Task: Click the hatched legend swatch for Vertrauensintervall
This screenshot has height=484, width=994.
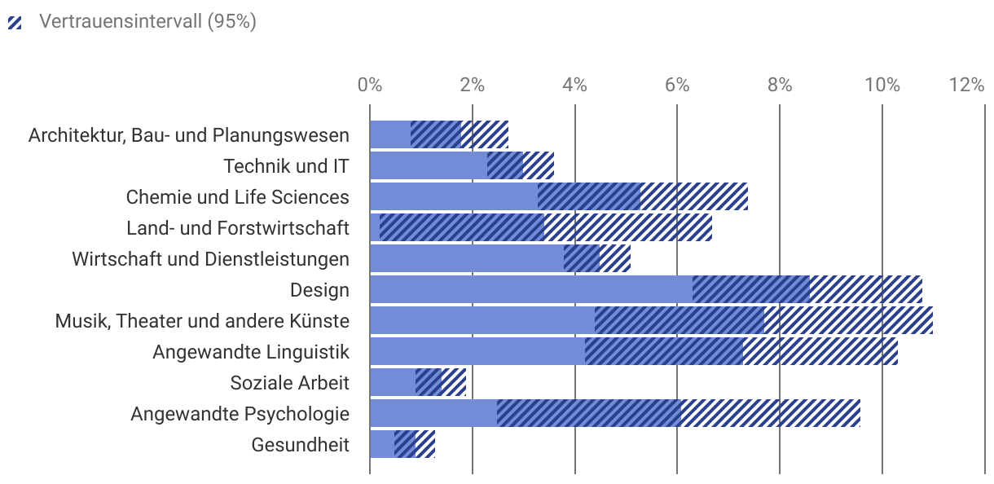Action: [x=15, y=22]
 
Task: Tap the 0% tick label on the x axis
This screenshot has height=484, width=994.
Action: [x=370, y=85]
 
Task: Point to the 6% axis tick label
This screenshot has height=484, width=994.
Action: [x=677, y=85]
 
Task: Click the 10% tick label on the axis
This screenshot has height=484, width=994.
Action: [x=882, y=85]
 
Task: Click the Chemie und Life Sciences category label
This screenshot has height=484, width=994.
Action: [x=237, y=196]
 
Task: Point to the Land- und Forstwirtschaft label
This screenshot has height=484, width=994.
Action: [x=237, y=227]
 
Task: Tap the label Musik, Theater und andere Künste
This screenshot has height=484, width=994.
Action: [x=202, y=320]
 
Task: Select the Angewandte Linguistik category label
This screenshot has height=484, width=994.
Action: [x=251, y=351]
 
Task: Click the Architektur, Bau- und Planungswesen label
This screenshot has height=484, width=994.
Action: [x=188, y=134]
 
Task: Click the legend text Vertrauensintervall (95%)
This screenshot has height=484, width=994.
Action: [x=147, y=22]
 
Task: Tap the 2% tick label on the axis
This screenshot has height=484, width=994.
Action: [x=472, y=85]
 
